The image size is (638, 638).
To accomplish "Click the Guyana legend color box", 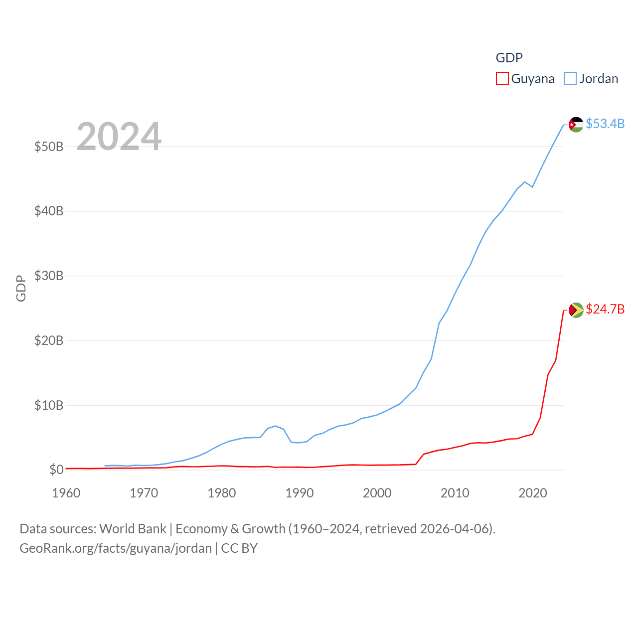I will click(502, 79).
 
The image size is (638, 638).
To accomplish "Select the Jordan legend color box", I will click(570, 79).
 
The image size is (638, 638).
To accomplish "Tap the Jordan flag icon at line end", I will click(576, 124).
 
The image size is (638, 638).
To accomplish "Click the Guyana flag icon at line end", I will click(576, 310).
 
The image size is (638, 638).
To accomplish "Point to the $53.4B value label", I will click(605, 124).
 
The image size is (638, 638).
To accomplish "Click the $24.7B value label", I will click(605, 309).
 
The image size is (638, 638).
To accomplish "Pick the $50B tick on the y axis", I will click(49, 147).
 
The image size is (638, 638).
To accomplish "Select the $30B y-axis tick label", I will click(49, 276).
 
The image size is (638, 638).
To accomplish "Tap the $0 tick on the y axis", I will click(56, 470).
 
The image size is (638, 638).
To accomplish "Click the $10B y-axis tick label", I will click(49, 405).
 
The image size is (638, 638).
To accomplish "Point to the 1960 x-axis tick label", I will click(66, 493).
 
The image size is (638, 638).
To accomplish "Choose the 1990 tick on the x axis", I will click(300, 493).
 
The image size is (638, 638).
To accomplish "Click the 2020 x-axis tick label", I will click(533, 493).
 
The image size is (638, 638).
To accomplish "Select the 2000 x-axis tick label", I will click(377, 493).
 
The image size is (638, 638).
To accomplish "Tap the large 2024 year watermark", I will click(119, 137).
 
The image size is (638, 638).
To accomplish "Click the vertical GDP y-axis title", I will click(21, 288).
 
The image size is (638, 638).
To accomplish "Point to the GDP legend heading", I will click(509, 58).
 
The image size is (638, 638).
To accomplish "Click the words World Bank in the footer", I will click(133, 529).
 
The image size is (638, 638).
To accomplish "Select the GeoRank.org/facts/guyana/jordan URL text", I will click(116, 548).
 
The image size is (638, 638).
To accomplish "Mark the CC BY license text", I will click(239, 548).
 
